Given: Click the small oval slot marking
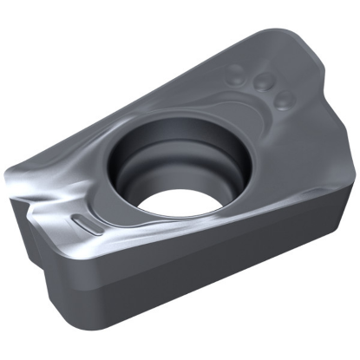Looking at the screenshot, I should (83, 223).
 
